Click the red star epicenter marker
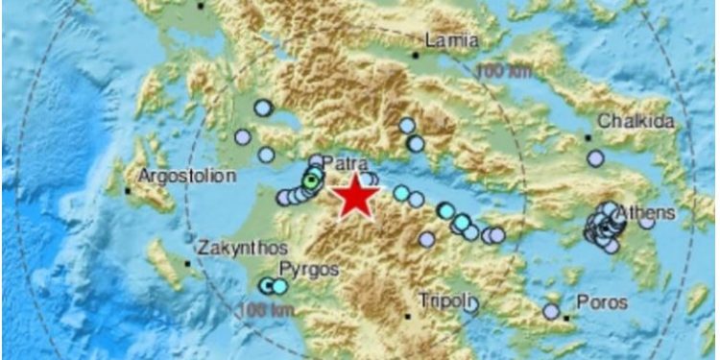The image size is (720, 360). point(356,197)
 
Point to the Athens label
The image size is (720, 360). point(649,212)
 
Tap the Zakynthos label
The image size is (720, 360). point(236,248)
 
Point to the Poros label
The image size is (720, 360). point(603,302)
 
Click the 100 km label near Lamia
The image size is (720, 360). point(501,70)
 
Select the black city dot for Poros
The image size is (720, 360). point(567,316)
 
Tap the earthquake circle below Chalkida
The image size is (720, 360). point(595,158)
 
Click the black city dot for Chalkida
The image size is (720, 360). point(588,136)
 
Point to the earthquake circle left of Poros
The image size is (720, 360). point(551,311)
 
